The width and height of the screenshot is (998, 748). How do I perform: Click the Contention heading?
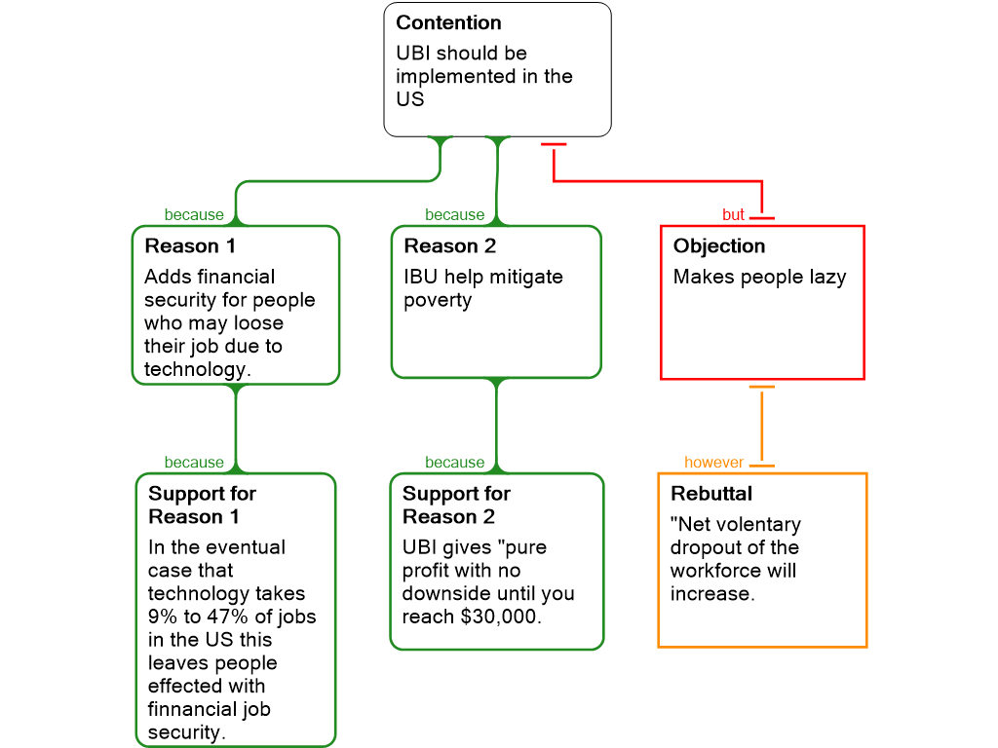[448, 23]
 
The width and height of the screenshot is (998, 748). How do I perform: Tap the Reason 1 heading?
[190, 246]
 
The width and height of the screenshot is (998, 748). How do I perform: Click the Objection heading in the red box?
[719, 246]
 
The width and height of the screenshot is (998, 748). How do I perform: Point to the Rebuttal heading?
[711, 495]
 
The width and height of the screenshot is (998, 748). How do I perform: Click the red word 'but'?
[733, 215]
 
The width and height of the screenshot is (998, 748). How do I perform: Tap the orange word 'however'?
[713, 464]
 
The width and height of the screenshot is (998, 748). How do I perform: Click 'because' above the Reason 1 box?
[194, 215]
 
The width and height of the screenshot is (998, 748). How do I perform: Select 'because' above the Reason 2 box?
[454, 215]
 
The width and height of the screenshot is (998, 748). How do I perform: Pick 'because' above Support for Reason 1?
[194, 464]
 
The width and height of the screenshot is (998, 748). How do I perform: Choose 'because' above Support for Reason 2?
[454, 464]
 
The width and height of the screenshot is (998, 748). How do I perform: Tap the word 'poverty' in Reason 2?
[438, 301]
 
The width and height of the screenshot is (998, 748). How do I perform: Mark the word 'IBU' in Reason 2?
[422, 278]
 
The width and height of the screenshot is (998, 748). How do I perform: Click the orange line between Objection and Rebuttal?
[762, 426]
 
